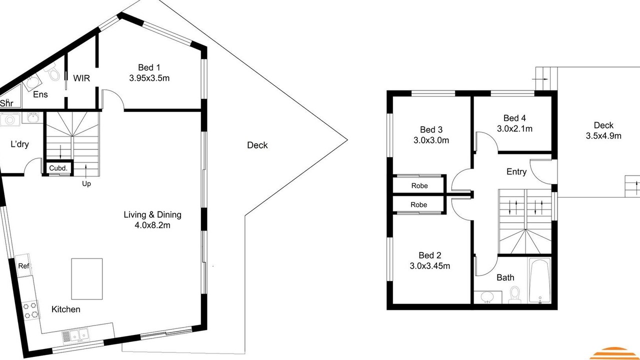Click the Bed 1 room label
point(149,67)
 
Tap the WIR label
point(81,78)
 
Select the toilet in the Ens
point(52,71)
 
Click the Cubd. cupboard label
point(58,168)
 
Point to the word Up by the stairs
point(86,183)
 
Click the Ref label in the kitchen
point(23,266)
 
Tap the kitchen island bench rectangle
point(87,279)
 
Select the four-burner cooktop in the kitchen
point(30,310)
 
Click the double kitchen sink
point(75,335)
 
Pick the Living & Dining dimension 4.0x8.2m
point(152,225)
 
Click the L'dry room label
point(19,144)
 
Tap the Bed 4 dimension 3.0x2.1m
point(514,129)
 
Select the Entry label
point(516,171)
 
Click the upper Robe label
point(419,185)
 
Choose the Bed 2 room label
point(429,255)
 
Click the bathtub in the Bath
point(539,280)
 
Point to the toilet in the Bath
point(515,295)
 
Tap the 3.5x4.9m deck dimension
point(603,135)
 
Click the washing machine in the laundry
point(10,119)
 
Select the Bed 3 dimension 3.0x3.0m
point(431,140)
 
